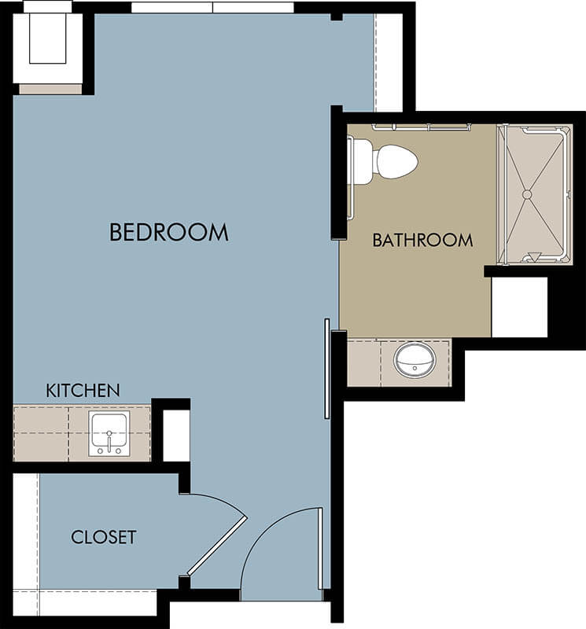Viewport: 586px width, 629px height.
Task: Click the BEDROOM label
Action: [169, 232]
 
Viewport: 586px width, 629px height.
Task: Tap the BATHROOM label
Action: [422, 241]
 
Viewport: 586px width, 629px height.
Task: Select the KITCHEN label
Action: [83, 391]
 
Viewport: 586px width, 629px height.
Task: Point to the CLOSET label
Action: [104, 537]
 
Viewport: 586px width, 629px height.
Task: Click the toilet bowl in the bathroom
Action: [396, 162]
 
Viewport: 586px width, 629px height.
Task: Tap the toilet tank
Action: [362, 162]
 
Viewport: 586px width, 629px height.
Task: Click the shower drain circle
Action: [527, 194]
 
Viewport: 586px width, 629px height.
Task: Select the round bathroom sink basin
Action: [415, 360]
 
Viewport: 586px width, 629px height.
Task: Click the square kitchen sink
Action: [109, 433]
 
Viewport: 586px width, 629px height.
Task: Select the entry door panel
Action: [320, 548]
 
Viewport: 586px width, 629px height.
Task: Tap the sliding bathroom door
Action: [327, 369]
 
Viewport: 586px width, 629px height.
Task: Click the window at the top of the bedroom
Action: [212, 8]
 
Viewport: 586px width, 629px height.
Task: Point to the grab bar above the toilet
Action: [422, 127]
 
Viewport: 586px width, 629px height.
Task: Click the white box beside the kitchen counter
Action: [176, 436]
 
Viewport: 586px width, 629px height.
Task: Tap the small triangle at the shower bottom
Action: [535, 256]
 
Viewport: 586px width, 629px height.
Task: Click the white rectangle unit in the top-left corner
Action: [48, 42]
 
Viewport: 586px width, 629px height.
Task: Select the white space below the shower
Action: [519, 307]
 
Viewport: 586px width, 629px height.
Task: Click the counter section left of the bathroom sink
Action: [363, 364]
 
